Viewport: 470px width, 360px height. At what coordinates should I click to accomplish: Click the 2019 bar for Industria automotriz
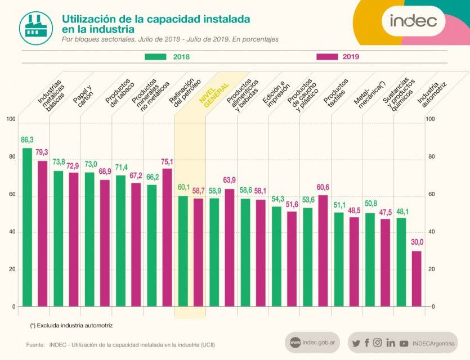point(417,278)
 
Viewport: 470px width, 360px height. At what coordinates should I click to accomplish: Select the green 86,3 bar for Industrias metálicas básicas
point(27,227)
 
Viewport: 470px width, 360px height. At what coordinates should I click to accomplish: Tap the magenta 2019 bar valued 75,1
point(167,237)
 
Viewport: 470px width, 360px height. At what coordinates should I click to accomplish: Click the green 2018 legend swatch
point(155,57)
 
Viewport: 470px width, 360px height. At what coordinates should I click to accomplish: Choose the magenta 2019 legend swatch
point(327,57)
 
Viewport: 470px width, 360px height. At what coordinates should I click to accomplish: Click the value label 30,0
point(417,242)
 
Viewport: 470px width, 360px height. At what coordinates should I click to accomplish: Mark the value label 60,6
point(323,187)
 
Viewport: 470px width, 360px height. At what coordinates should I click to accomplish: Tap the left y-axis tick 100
point(11,119)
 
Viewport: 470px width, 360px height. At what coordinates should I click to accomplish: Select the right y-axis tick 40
point(432,232)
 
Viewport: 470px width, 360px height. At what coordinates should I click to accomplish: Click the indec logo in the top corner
point(414,21)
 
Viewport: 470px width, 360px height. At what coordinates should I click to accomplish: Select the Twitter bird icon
point(356,343)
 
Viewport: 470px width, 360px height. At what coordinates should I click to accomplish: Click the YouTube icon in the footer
point(404,343)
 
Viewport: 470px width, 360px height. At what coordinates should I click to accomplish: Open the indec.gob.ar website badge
point(313,343)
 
